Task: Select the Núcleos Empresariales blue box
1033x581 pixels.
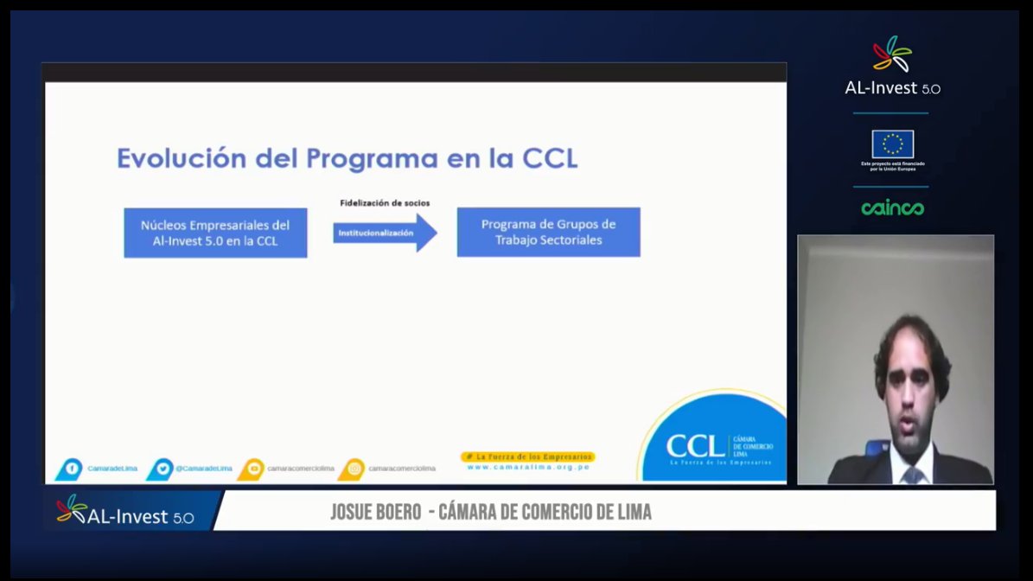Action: click(x=215, y=233)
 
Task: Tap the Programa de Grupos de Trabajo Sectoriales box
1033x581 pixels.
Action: click(x=548, y=232)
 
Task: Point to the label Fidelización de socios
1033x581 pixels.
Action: click(x=384, y=203)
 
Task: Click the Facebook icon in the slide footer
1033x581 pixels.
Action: click(x=71, y=469)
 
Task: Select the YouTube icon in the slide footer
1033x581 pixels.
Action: click(x=252, y=469)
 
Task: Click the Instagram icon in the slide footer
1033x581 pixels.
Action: click(x=353, y=469)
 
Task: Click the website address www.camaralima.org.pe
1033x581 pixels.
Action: click(x=528, y=467)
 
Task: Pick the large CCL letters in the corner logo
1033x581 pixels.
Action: click(x=695, y=446)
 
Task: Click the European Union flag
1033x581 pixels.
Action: click(x=892, y=144)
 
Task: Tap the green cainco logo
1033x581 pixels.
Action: click(x=892, y=208)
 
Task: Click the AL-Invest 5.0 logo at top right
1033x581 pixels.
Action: click(x=892, y=67)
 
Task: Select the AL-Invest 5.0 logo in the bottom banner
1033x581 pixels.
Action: click(x=125, y=512)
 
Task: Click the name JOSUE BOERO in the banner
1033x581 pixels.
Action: click(x=373, y=512)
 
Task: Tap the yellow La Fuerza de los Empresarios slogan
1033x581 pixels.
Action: click(x=528, y=456)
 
